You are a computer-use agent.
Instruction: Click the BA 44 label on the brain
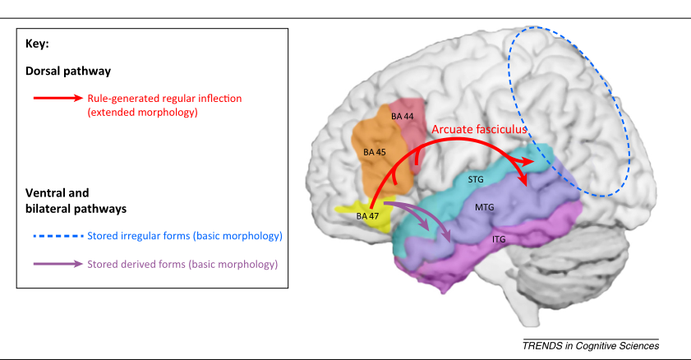[x=403, y=117]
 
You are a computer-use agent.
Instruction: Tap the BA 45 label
[x=374, y=152]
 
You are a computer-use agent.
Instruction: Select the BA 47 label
[x=368, y=215]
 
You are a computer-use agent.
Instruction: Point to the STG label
[x=476, y=178]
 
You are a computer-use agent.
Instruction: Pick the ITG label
[x=498, y=238]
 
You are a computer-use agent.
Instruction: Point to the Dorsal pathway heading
[x=61, y=72]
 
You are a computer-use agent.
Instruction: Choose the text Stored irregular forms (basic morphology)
[x=185, y=237]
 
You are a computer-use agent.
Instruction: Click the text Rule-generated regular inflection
[x=165, y=99]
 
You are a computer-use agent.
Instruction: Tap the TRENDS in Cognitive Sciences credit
[x=591, y=345]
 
